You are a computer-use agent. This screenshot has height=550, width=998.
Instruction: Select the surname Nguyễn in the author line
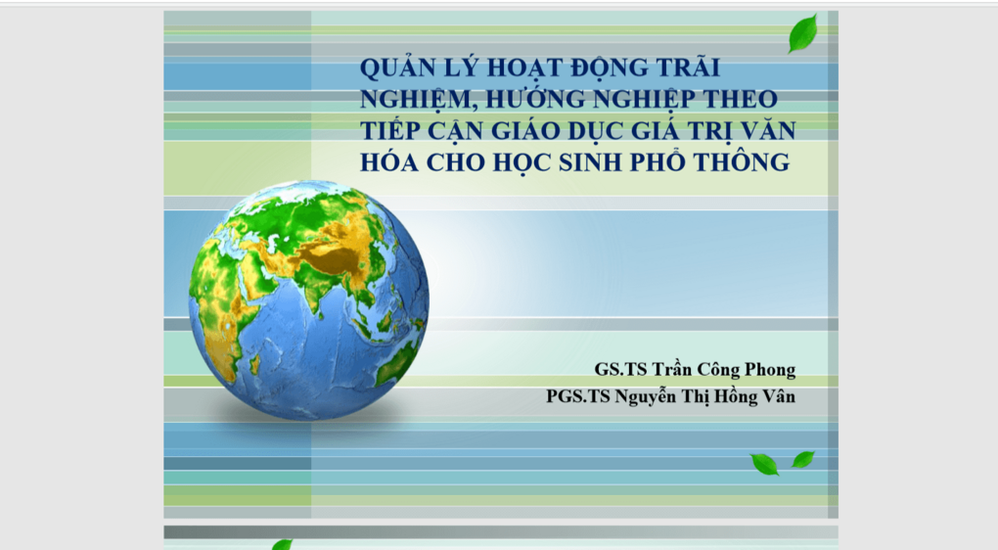(653, 397)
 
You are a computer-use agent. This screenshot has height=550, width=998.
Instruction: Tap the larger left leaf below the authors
(764, 464)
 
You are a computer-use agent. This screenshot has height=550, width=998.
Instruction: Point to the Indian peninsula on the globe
(315, 295)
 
